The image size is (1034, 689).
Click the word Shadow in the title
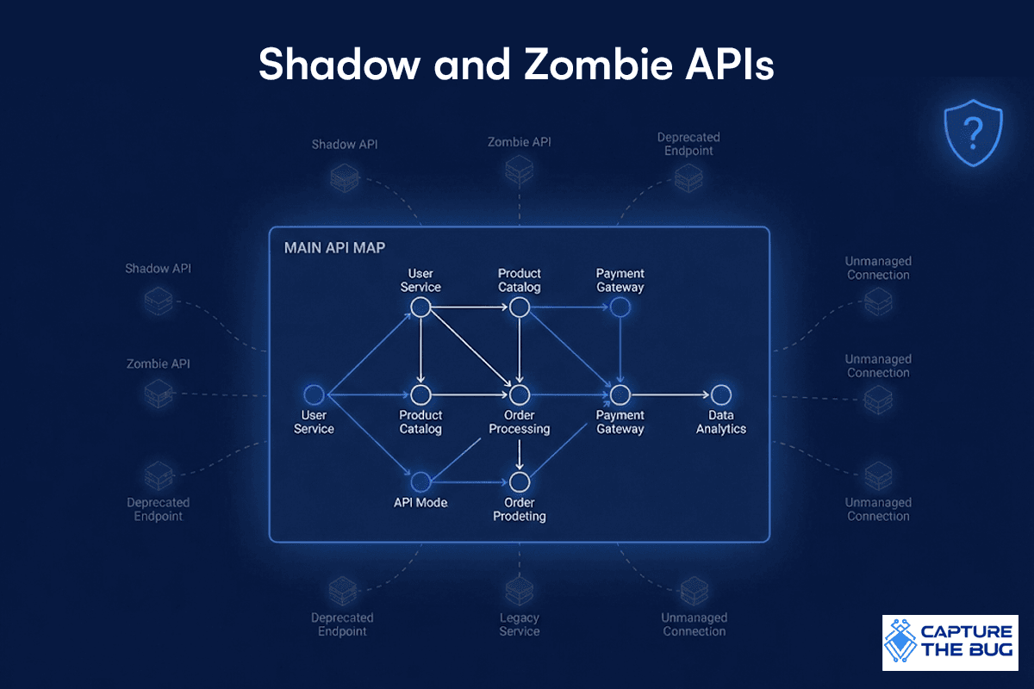339,64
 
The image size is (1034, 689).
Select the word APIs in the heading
729,64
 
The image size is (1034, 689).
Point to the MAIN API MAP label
334,248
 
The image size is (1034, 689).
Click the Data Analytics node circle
721,395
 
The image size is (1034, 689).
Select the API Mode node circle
420,482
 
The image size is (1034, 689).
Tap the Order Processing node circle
520,395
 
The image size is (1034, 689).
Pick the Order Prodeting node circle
520,482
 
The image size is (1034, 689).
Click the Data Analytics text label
721,422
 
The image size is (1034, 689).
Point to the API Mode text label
420,503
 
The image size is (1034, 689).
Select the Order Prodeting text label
520,510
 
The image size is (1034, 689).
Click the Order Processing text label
520,422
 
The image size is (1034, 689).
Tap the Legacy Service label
520,624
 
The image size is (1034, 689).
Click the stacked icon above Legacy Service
520,591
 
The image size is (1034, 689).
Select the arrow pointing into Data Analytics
670,395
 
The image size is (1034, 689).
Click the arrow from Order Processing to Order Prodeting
520,455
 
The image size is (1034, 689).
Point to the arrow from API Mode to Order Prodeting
470,482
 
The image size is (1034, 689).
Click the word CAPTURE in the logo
967,631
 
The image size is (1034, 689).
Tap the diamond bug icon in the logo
900,641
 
